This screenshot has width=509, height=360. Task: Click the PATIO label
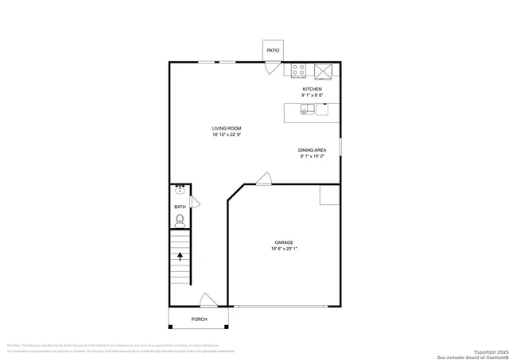273,51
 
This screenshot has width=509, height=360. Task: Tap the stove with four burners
299,70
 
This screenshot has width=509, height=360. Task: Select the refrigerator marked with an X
324,70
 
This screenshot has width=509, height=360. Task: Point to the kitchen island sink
307,110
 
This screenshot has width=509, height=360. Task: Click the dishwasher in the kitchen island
322,110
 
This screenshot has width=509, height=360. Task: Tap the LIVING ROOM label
227,129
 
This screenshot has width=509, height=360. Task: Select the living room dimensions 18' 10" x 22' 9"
227,135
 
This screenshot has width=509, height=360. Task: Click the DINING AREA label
313,150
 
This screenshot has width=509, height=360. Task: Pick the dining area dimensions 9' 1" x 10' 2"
313,157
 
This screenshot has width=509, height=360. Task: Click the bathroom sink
180,191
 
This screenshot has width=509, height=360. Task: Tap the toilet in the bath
180,220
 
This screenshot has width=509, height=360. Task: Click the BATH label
180,207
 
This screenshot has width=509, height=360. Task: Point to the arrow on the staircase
180,257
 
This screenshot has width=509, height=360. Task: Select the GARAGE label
284,242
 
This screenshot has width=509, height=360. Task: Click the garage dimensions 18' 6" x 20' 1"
284,249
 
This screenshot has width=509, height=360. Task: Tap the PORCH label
199,319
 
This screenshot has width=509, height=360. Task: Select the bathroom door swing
195,203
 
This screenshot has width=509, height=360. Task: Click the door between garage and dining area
264,179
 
